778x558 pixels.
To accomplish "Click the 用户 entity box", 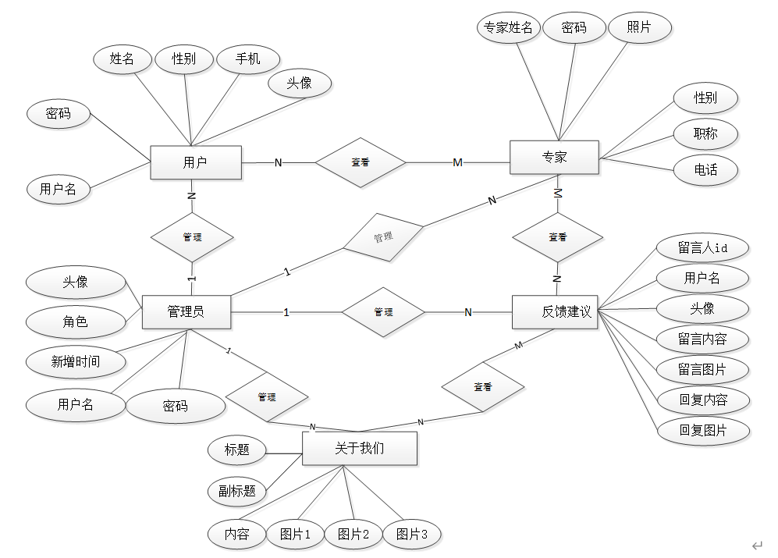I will click(195, 162).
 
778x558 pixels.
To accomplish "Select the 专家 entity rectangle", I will click(554, 157).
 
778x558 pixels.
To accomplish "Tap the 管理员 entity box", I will click(186, 311).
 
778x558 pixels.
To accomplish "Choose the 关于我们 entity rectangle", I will click(359, 449).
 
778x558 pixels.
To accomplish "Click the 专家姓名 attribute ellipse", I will click(508, 28).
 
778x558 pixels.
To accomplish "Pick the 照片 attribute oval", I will click(638, 28).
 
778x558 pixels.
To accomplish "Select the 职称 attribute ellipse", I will click(705, 133).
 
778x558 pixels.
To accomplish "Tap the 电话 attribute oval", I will click(705, 169).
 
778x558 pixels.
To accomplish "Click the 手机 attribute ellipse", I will click(248, 59).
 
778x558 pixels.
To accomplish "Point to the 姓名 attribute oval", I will click(122, 59).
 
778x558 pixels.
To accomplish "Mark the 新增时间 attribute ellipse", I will click(76, 361).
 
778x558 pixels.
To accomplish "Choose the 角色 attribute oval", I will click(76, 321).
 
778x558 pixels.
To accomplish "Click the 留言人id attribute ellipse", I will click(702, 248).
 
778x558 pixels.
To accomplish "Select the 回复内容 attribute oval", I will click(702, 400).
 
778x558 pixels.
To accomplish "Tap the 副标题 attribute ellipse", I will click(237, 491).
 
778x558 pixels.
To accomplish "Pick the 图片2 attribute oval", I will click(353, 534).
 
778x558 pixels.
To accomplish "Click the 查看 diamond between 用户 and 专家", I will click(361, 162).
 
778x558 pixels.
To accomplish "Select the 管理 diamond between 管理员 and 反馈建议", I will click(383, 312).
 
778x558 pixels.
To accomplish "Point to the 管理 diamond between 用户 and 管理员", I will click(192, 236).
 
